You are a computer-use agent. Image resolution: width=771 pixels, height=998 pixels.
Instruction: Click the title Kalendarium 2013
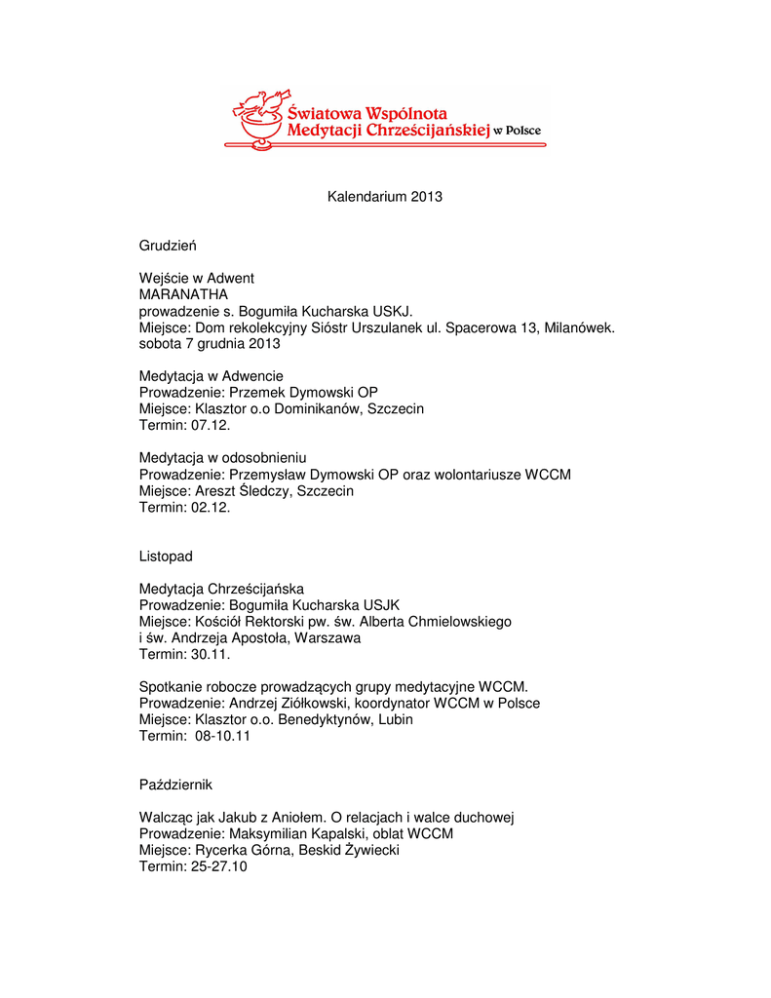point(384,197)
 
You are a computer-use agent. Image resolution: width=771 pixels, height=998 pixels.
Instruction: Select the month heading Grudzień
point(168,246)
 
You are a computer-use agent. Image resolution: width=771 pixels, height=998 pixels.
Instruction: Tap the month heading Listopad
point(166,557)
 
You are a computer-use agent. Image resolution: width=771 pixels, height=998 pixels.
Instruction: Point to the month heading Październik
point(176,785)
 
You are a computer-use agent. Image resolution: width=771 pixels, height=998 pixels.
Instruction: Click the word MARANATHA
point(184,294)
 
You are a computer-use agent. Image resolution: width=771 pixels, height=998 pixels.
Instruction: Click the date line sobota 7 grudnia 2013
point(210,344)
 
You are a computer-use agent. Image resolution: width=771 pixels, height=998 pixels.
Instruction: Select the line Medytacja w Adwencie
point(212,376)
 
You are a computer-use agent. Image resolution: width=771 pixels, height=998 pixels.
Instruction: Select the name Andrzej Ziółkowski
point(288,704)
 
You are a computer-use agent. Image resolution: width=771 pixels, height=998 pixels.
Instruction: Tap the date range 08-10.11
point(216,737)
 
